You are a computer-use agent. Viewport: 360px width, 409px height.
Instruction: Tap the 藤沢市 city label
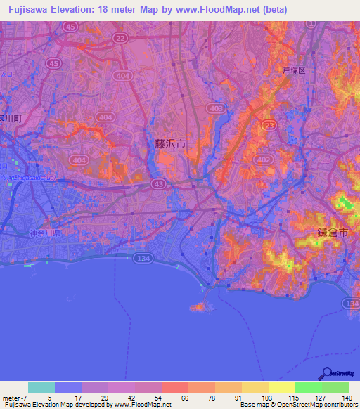click(171, 143)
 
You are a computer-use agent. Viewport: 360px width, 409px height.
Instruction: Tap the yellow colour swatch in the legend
click(281, 387)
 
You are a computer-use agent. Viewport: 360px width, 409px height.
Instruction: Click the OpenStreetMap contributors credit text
click(310, 405)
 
